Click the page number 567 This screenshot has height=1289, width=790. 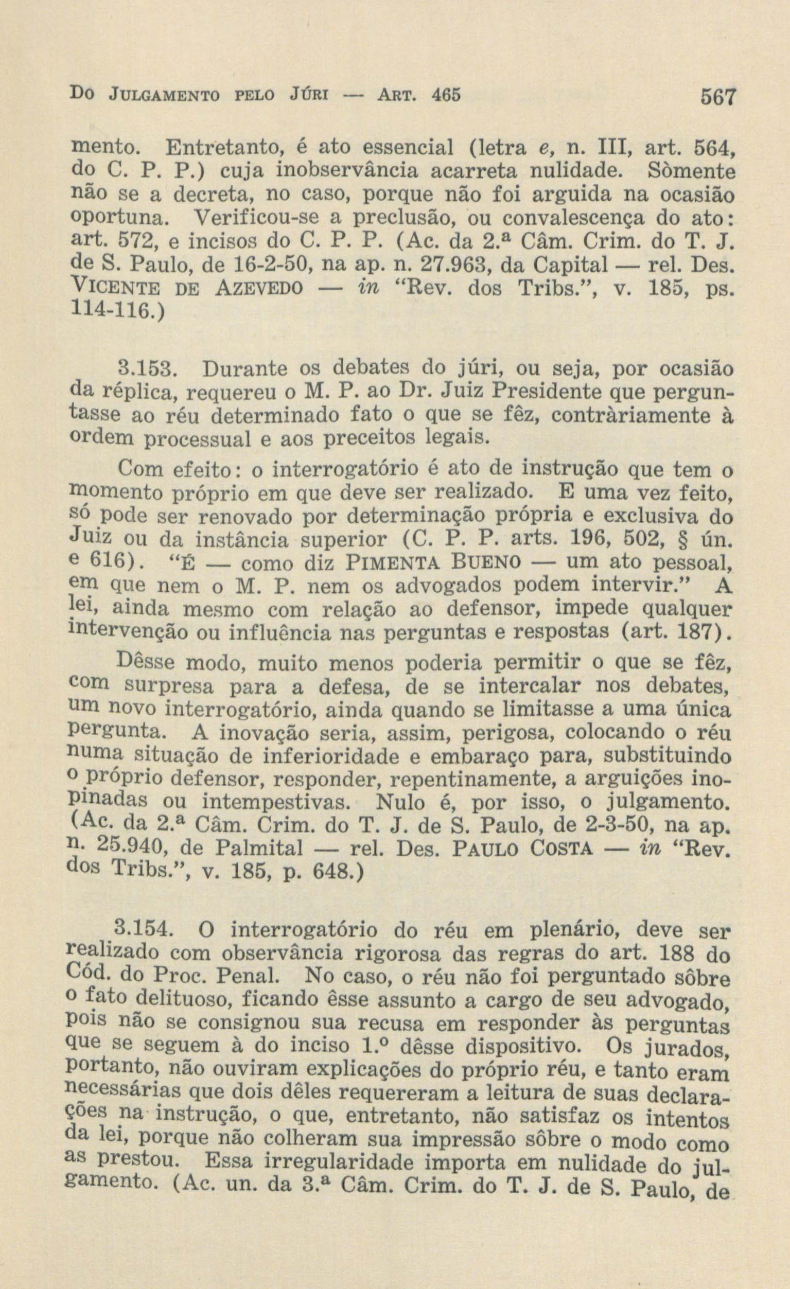pyautogui.click(x=715, y=98)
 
